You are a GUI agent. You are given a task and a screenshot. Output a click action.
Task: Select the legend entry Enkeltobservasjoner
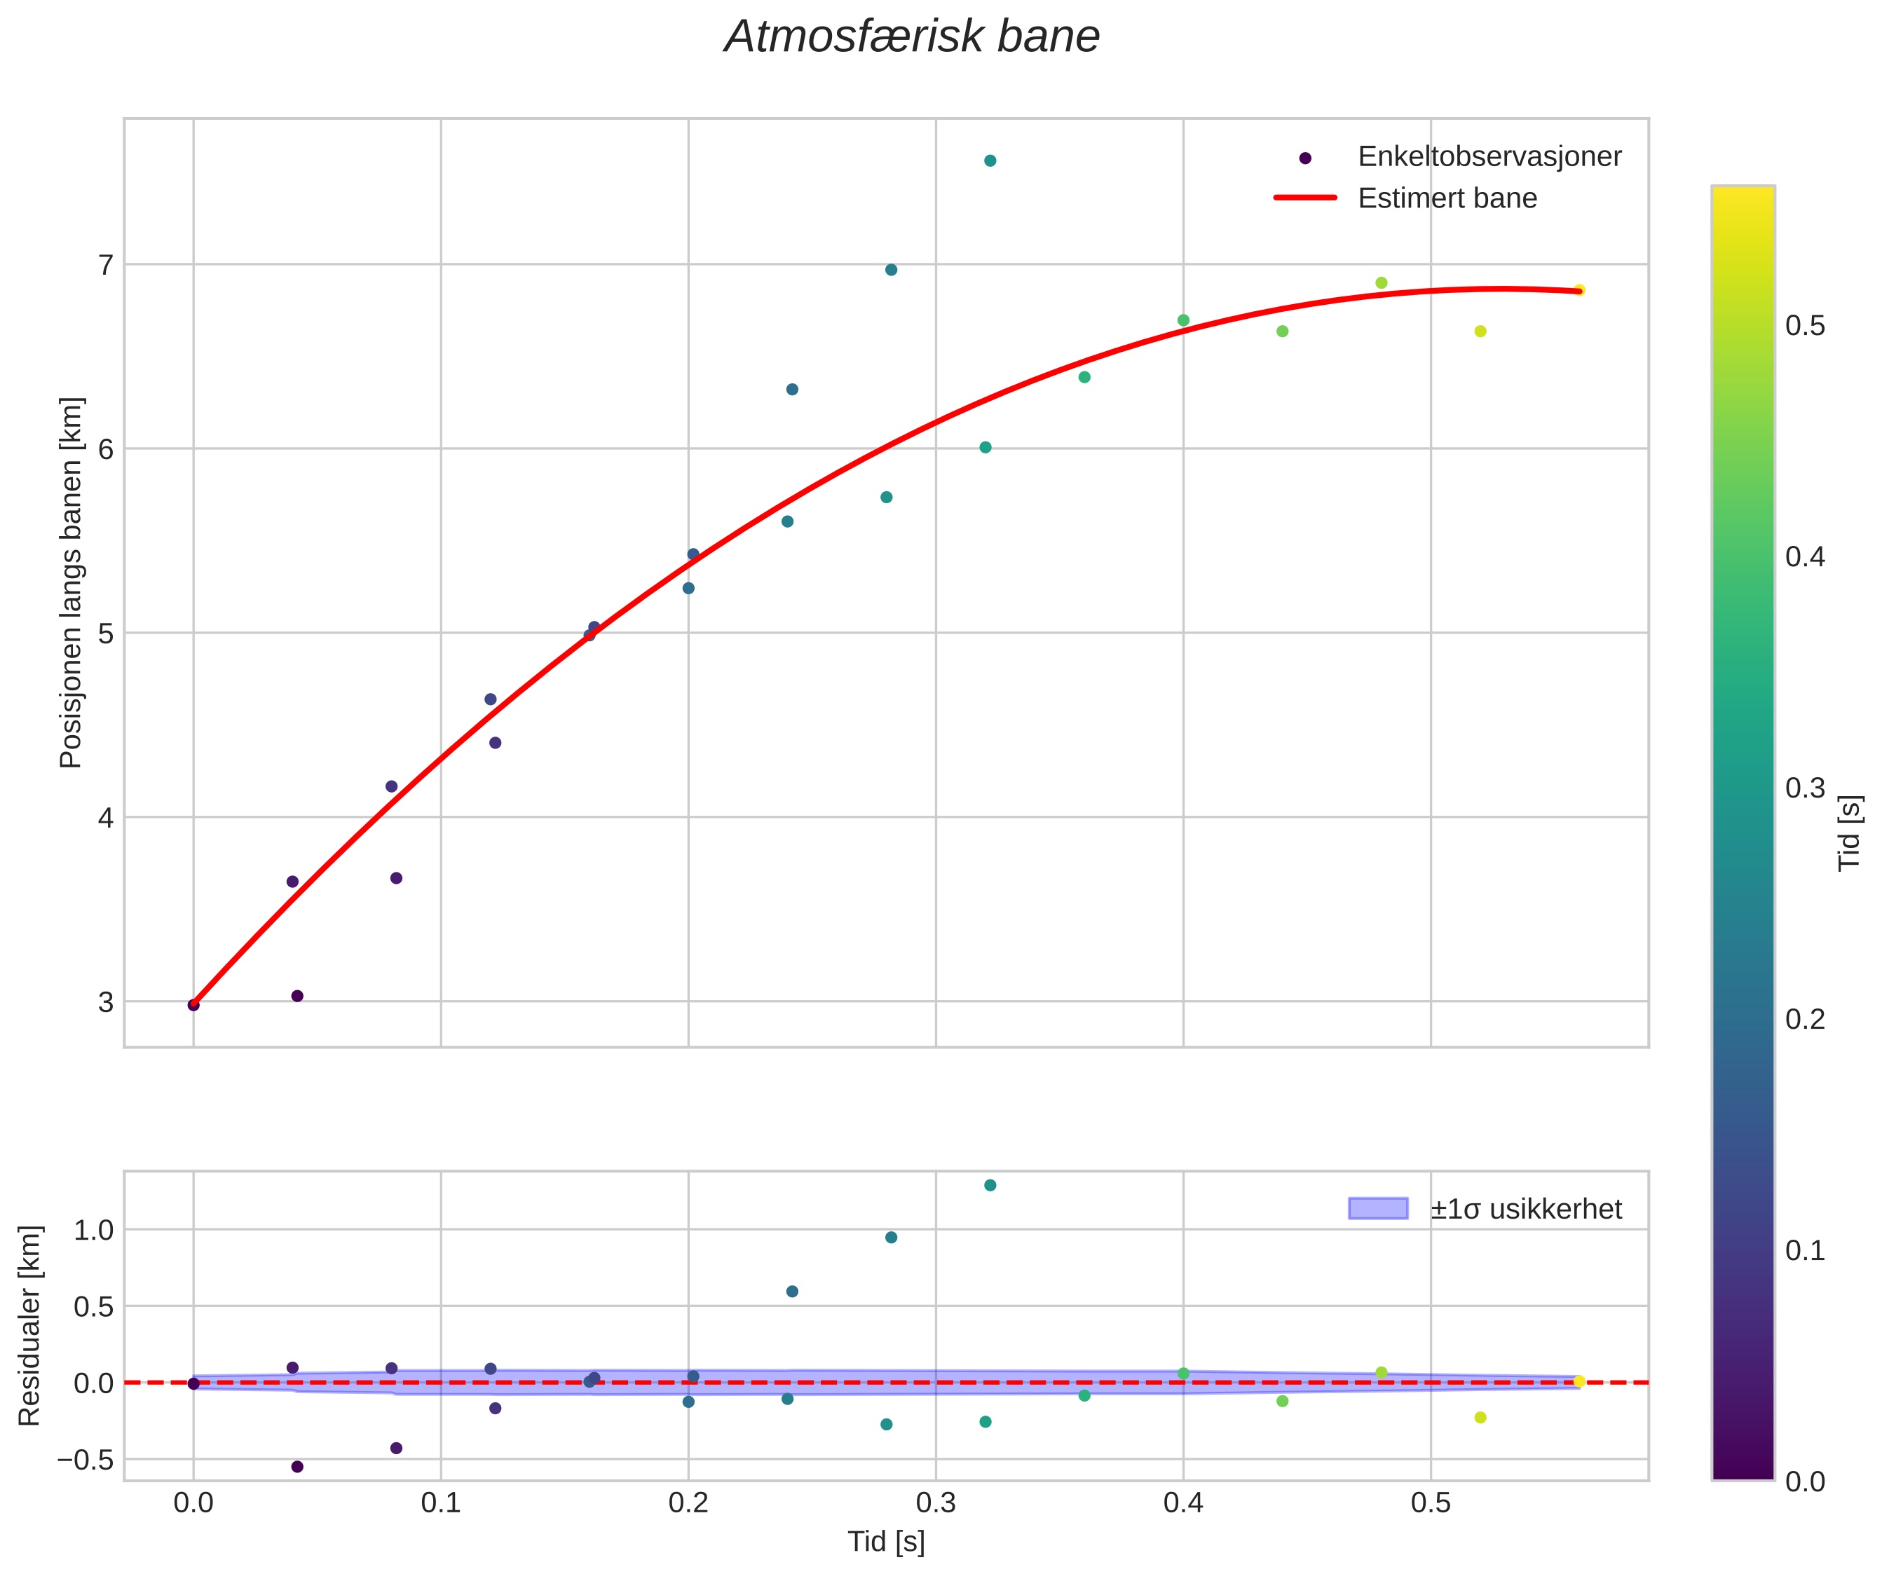point(1489,157)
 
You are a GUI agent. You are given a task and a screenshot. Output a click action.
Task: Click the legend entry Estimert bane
point(1447,198)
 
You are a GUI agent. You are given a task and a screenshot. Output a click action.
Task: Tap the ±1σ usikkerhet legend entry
point(1525,1210)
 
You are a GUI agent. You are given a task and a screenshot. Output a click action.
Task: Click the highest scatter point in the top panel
point(990,160)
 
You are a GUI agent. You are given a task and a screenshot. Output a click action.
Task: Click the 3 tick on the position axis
point(106,1001)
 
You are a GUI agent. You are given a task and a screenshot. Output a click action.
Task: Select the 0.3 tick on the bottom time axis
point(936,1503)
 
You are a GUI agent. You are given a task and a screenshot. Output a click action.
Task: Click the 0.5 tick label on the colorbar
point(1805,326)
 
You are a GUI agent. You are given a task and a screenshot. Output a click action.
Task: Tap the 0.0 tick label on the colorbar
point(1805,1481)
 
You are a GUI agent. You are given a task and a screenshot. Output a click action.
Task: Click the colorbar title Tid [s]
point(1850,833)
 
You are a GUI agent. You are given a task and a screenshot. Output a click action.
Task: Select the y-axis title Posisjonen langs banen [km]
point(71,582)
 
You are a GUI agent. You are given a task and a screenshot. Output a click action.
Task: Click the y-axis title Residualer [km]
point(29,1326)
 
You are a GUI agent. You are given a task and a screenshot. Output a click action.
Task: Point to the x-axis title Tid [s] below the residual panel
point(887,1542)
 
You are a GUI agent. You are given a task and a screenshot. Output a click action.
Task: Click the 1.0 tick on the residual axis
point(93,1230)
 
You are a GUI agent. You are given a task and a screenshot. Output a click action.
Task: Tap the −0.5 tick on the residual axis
point(87,1460)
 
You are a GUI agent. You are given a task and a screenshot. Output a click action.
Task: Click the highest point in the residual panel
point(990,1185)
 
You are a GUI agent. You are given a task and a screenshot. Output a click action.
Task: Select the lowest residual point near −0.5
point(297,1467)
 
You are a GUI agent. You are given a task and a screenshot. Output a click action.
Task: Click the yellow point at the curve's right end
point(1579,290)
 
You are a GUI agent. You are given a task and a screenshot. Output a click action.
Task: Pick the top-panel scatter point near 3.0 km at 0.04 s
point(297,996)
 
